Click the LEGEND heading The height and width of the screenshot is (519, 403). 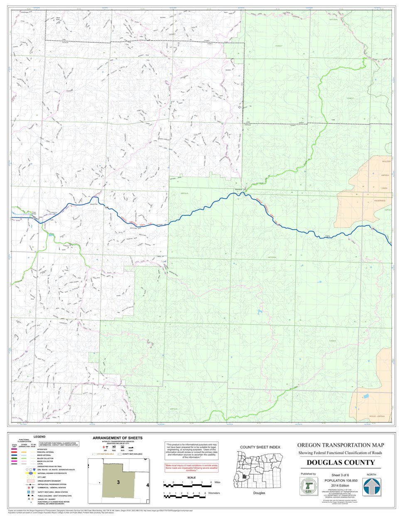point(39,437)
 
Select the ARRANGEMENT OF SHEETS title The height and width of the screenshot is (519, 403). point(117,438)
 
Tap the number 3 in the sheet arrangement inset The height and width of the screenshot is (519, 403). point(118,482)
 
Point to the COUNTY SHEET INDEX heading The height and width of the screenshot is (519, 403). point(260,447)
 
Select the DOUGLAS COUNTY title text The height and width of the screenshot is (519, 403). point(340,462)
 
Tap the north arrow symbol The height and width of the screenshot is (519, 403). point(371,486)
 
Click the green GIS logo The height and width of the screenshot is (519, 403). point(308,486)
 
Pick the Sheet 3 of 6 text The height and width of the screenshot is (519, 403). point(340,475)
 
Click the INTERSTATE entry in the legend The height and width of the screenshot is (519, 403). point(42,449)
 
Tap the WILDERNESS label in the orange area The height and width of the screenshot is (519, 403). point(380,200)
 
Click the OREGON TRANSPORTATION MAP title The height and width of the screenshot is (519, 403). point(340,445)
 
